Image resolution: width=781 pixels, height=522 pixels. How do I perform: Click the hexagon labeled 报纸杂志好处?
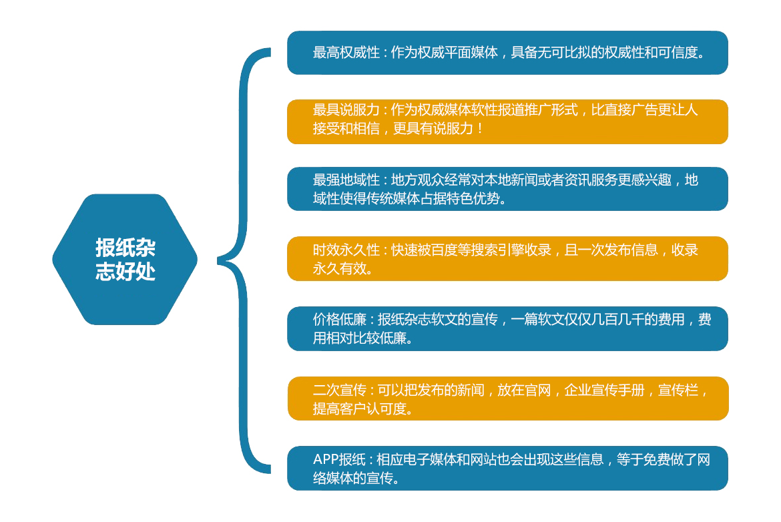coord(125,260)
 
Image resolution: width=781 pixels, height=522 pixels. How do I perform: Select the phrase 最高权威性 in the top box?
coord(346,52)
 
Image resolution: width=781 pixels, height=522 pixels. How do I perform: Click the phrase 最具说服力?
coord(346,109)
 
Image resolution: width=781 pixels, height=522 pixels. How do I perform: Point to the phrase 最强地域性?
coord(346,180)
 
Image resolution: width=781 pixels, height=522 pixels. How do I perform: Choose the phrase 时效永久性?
coord(346,250)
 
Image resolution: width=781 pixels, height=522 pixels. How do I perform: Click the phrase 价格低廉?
coord(340,319)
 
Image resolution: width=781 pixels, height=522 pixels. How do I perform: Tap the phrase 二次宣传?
coord(340,390)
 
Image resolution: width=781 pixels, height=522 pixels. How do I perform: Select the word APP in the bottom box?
coord(326,459)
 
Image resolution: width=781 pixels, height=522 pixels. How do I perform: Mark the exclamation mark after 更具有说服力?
coord(480,129)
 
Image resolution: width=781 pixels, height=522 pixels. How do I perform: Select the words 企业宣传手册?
coord(605,390)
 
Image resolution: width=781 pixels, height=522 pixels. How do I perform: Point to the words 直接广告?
coord(631,109)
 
